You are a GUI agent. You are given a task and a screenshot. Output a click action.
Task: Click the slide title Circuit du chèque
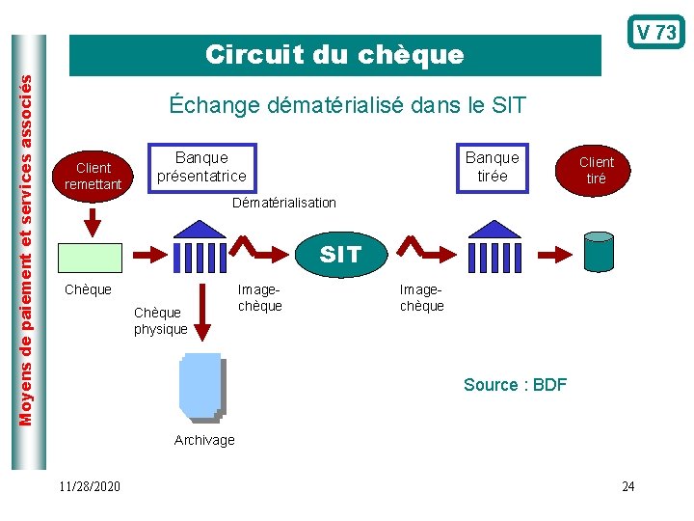tap(334, 55)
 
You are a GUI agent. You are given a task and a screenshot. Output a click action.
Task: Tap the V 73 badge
tap(656, 33)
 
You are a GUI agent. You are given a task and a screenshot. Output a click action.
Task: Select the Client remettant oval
tap(93, 176)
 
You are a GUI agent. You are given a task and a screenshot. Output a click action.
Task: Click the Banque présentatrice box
tap(201, 167)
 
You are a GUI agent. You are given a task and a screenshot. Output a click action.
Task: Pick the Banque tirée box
tap(492, 167)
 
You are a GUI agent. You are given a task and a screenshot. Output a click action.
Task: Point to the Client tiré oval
tap(597, 171)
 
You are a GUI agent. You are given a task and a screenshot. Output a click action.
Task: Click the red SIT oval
tap(339, 255)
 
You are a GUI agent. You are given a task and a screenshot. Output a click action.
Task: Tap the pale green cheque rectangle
tap(91, 258)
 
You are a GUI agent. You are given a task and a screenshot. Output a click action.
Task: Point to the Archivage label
tap(204, 440)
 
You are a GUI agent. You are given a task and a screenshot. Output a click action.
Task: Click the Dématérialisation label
tap(284, 203)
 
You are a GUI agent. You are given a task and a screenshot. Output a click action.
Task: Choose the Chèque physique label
tap(161, 321)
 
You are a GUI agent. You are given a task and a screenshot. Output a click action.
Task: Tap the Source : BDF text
tap(515, 385)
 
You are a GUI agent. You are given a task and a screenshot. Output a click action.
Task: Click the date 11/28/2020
tap(89, 486)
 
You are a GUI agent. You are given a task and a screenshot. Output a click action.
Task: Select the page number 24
tap(628, 486)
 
